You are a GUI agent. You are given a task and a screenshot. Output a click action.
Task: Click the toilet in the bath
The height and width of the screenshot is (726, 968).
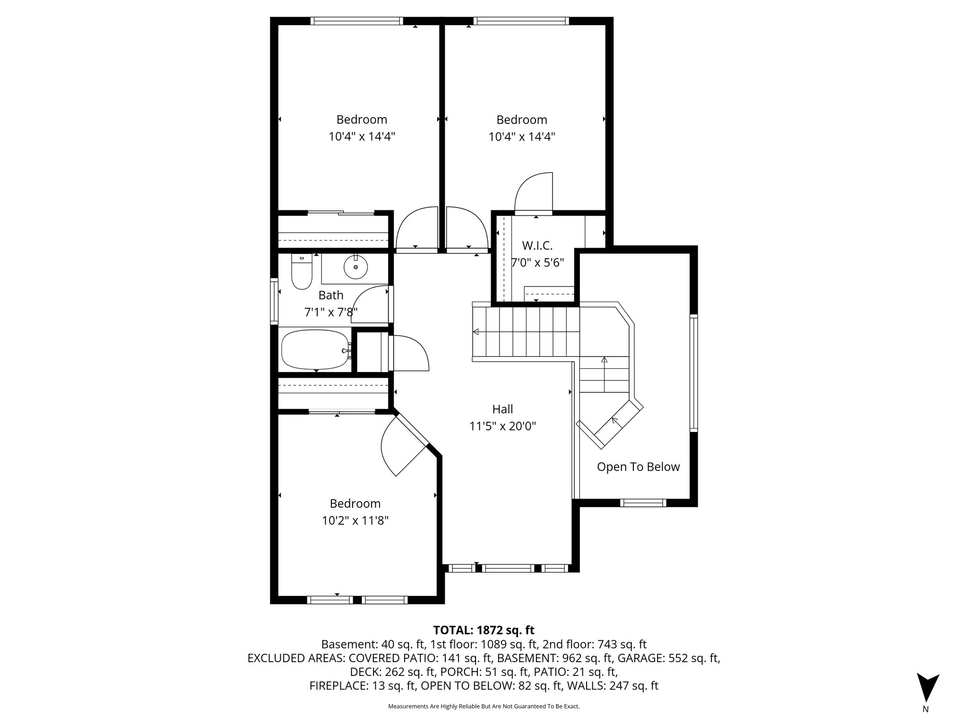pyautogui.click(x=301, y=274)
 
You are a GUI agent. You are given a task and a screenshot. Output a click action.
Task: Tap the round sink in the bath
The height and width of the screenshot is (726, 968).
pyautogui.click(x=355, y=268)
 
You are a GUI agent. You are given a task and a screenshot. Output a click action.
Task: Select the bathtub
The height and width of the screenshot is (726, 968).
pyautogui.click(x=314, y=350)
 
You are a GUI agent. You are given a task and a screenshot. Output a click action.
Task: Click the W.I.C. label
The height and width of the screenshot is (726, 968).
pyautogui.click(x=537, y=246)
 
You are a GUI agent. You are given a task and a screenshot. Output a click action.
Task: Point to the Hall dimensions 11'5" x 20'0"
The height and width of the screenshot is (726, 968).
pyautogui.click(x=502, y=426)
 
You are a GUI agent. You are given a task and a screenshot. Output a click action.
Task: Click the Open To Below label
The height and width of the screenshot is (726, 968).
pyautogui.click(x=638, y=467)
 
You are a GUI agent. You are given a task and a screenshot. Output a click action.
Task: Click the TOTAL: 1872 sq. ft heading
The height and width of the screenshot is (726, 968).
pyautogui.click(x=484, y=630)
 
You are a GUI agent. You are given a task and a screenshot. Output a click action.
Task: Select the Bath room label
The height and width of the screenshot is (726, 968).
pyautogui.click(x=331, y=295)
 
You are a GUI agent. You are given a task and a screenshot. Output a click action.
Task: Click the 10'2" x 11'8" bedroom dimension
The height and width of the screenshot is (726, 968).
pyautogui.click(x=355, y=521)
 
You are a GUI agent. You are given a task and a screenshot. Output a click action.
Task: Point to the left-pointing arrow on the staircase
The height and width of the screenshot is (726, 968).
pyautogui.click(x=476, y=332)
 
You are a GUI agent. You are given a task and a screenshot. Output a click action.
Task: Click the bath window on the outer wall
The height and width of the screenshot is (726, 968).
pyautogui.click(x=274, y=302)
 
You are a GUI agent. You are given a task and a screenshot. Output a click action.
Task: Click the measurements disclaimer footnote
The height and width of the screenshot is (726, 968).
pyautogui.click(x=484, y=707)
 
